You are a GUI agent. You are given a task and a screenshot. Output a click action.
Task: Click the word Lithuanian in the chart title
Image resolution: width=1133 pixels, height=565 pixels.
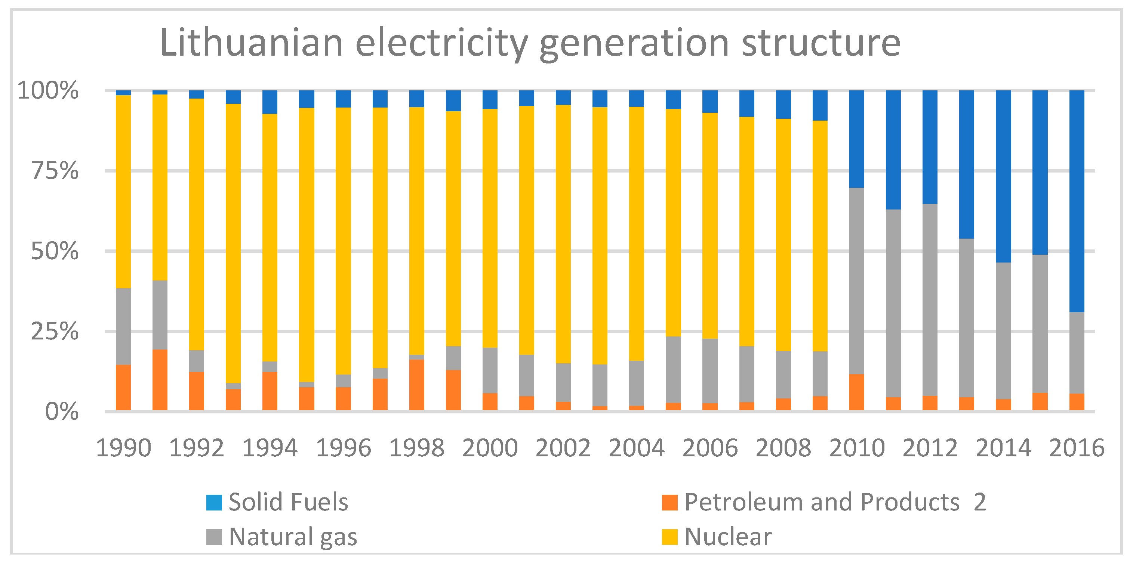click(251, 43)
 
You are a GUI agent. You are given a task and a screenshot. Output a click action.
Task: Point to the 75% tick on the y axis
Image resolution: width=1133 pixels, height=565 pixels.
click(55, 171)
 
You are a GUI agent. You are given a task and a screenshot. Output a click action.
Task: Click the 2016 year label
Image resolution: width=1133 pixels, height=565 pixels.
click(1077, 448)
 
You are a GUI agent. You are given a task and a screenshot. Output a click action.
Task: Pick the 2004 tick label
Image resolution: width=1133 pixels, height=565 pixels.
click(637, 448)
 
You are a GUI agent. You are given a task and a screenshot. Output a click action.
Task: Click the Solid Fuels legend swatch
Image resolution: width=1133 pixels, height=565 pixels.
click(214, 502)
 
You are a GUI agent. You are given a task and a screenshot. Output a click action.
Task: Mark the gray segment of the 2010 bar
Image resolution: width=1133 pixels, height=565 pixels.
click(856, 281)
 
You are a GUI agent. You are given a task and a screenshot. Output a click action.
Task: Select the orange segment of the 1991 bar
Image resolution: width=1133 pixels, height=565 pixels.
click(160, 380)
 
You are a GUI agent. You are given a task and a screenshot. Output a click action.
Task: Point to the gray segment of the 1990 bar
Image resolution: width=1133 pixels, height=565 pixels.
click(123, 326)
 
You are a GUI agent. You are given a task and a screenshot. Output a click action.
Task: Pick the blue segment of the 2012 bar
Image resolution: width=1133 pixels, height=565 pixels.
click(930, 147)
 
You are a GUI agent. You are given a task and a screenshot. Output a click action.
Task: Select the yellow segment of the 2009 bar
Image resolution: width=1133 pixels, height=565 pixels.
click(820, 236)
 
